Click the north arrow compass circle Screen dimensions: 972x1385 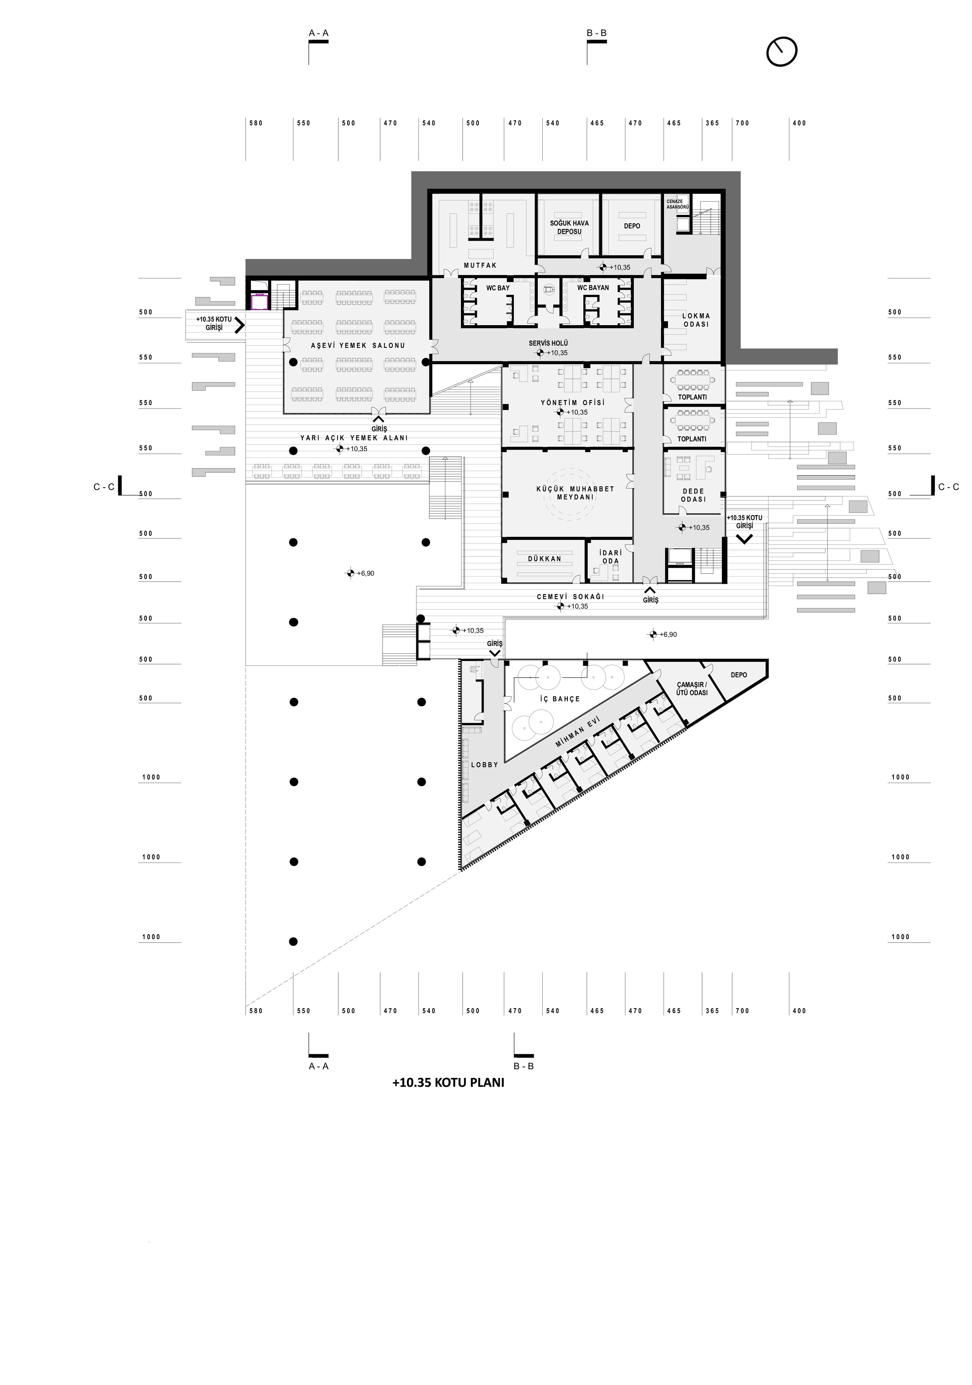point(782,38)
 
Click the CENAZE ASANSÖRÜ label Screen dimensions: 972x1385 point(677,204)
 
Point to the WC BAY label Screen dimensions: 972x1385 point(498,288)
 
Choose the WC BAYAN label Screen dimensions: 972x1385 point(593,288)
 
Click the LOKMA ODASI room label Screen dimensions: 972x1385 point(696,320)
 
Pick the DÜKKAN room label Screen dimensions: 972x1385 point(544,559)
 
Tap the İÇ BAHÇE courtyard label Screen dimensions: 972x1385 point(559,699)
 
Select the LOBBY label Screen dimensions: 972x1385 point(485,765)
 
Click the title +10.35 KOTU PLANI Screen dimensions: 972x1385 point(448,1082)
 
